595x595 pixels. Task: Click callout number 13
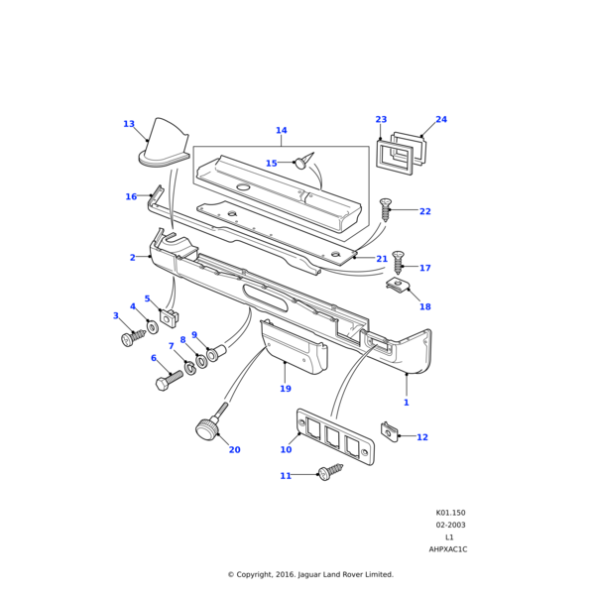tap(129, 124)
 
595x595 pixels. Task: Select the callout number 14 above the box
tap(281, 130)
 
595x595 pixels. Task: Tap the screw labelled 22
tap(386, 209)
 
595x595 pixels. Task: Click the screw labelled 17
tap(399, 262)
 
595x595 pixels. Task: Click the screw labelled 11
tap(326, 475)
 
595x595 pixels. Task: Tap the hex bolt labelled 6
tap(168, 380)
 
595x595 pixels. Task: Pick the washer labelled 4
tap(154, 326)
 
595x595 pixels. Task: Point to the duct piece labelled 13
tap(164, 144)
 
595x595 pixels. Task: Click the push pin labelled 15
tap(303, 162)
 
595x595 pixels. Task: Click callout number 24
tap(441, 120)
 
